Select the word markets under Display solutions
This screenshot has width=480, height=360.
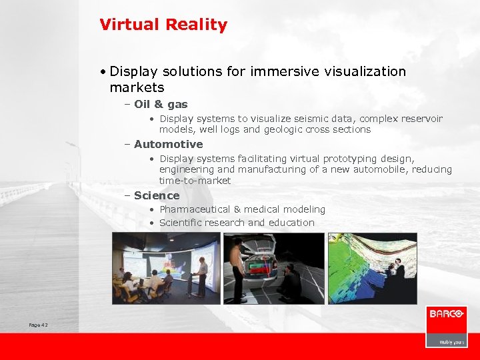pos(137,87)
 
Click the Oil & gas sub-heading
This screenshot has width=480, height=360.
pos(161,104)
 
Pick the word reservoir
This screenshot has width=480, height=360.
pos(420,119)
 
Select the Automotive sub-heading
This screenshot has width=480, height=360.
pos(168,144)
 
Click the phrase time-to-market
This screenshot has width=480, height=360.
pos(195,181)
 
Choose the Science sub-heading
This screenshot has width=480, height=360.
pos(157,195)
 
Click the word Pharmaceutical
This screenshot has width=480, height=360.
pos(195,209)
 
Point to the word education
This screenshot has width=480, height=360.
pos(291,223)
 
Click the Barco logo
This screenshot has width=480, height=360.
pos(446,314)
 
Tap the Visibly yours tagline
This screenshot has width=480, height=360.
pos(450,341)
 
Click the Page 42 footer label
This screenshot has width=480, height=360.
pos(38,325)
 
